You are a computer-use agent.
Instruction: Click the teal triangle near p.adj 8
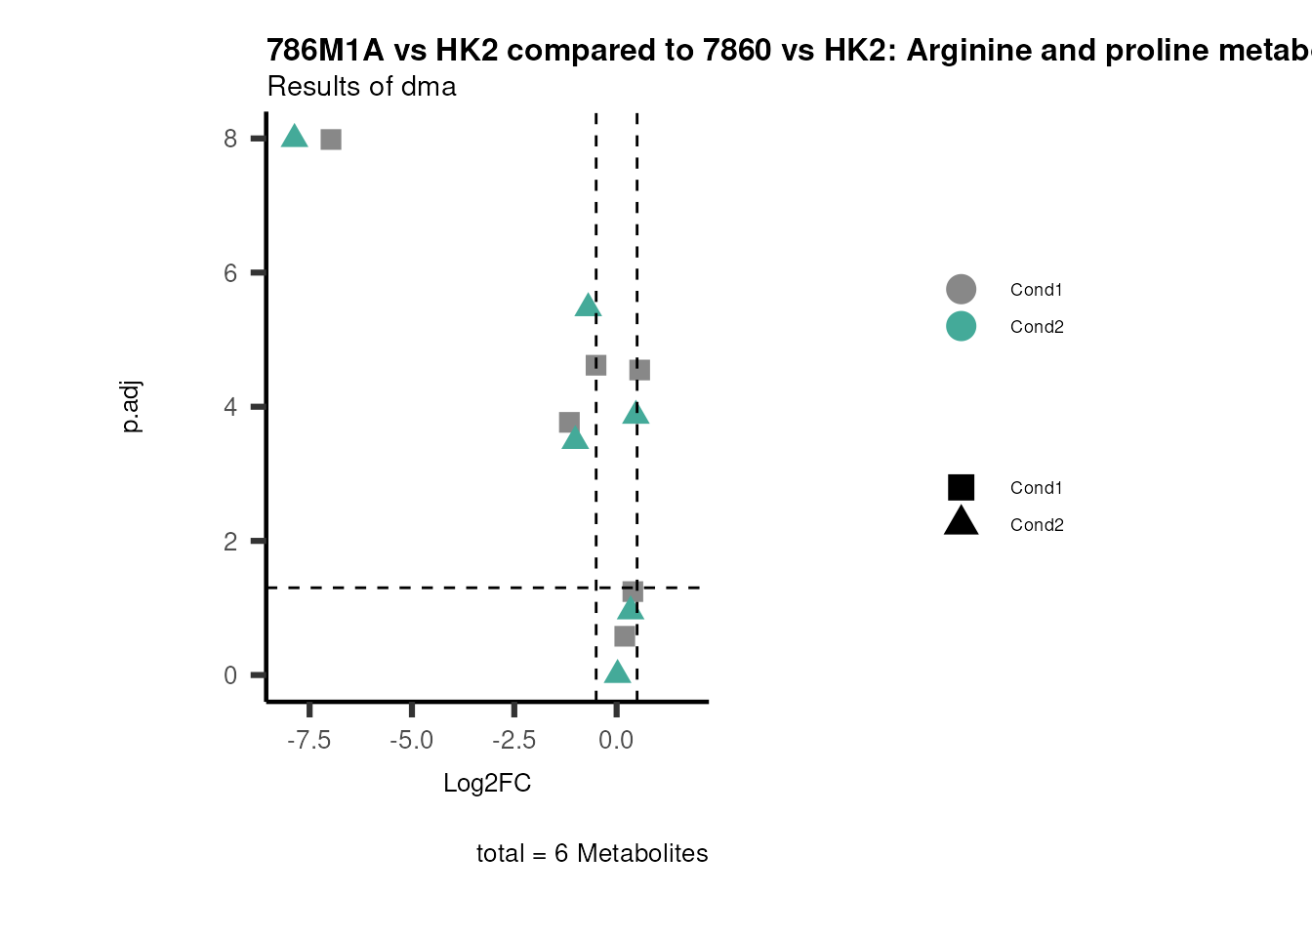[x=294, y=137]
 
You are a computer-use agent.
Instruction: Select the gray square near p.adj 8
[x=331, y=140]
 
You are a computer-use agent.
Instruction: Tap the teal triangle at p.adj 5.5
[x=588, y=306]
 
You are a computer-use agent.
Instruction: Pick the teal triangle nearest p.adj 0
[x=616, y=672]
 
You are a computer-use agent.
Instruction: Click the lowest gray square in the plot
[x=625, y=636]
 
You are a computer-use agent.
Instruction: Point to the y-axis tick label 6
[x=230, y=273]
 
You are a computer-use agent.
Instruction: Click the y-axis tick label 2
[x=230, y=542]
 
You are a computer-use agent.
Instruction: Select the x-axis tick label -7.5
[x=308, y=741]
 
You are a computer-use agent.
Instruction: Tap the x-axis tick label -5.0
[x=411, y=741]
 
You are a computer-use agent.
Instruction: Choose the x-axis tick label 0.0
[x=616, y=741]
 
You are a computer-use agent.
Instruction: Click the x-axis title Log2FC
[x=487, y=784]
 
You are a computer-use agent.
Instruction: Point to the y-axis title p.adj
[x=131, y=407]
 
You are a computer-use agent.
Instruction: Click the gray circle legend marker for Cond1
[x=961, y=289]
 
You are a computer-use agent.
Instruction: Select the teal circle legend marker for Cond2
[x=961, y=326]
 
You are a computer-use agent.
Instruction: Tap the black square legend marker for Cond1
[x=961, y=487]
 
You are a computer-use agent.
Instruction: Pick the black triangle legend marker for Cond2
[x=961, y=522]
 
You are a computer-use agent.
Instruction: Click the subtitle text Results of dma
[x=361, y=87]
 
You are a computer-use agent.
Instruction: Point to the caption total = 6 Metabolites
[x=592, y=854]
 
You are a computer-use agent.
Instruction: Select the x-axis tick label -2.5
[x=513, y=741]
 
